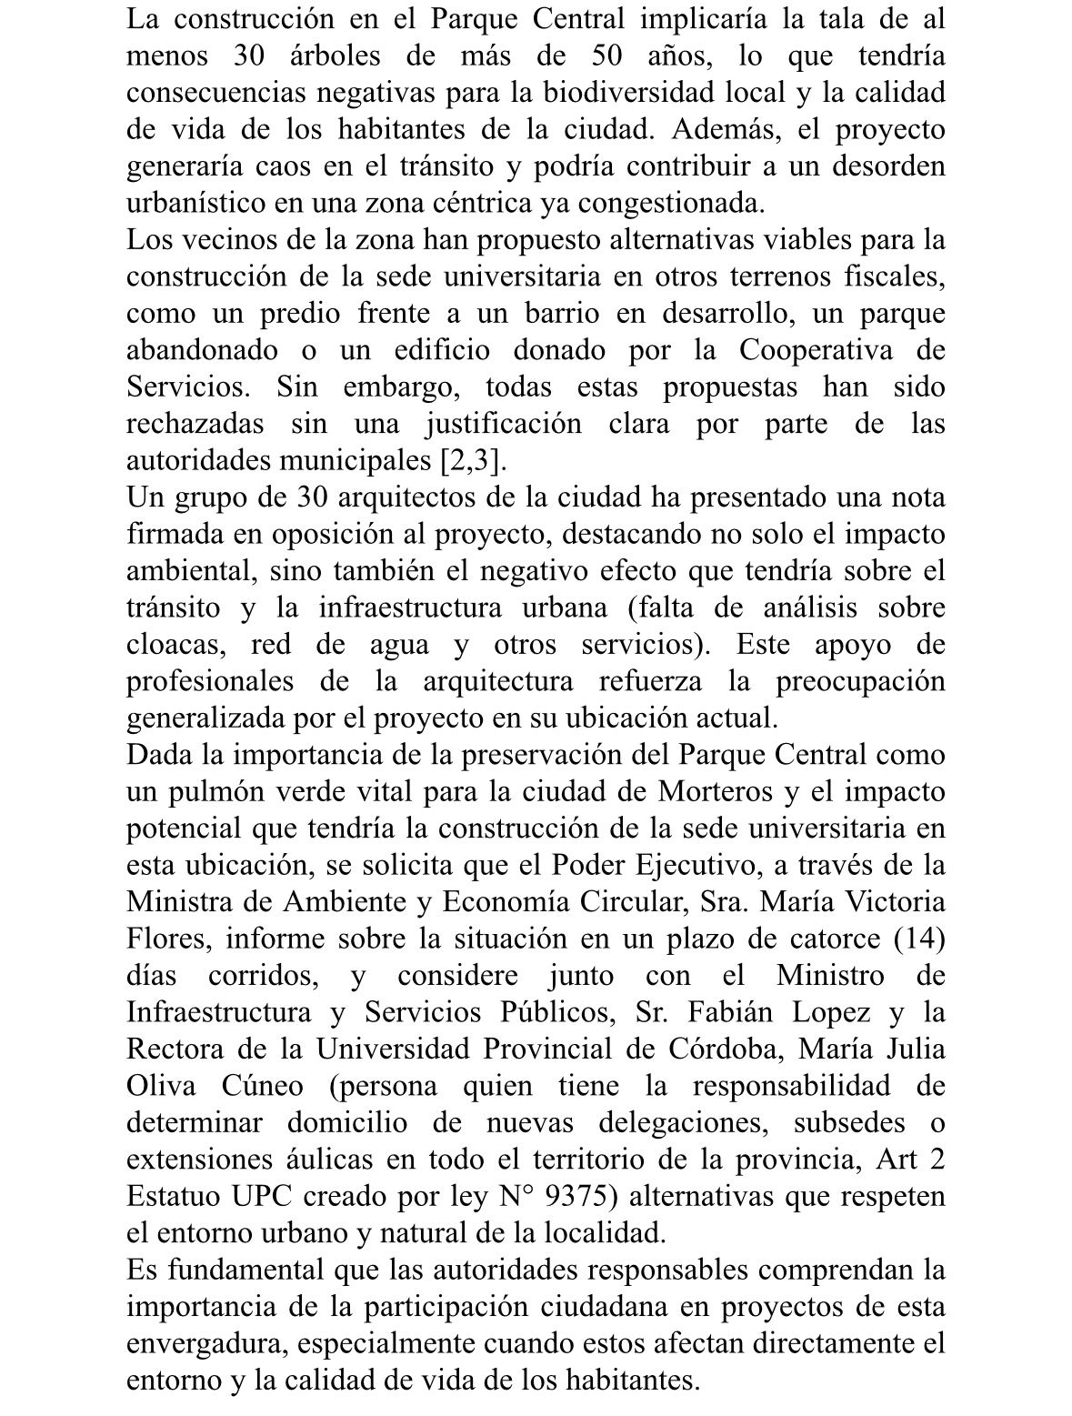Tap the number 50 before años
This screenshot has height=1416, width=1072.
pos(607,56)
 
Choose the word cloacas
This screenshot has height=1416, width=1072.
pos(174,645)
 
